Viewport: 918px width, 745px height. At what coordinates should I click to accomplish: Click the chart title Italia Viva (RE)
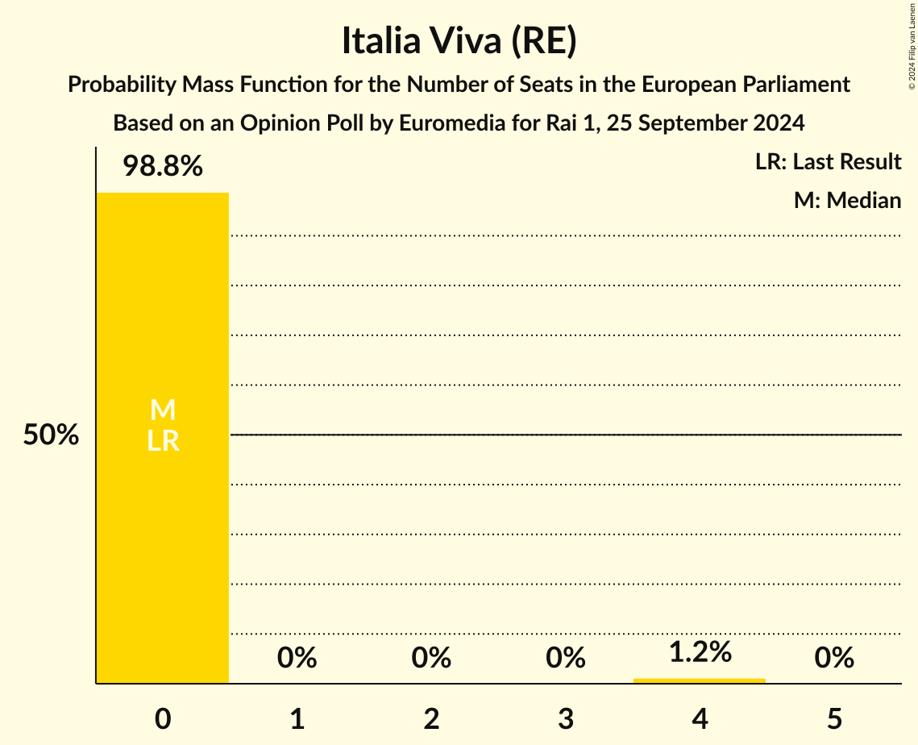[x=459, y=42]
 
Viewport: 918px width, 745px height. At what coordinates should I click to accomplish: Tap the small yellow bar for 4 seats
[x=700, y=680]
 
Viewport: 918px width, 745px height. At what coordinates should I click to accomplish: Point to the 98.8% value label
[x=163, y=167]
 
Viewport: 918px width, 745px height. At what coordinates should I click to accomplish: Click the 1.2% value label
[x=700, y=652]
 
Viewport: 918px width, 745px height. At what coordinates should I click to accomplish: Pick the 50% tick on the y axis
[x=51, y=435]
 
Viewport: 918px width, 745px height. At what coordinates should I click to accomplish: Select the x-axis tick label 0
[x=163, y=718]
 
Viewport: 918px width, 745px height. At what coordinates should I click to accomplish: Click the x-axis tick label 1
[x=297, y=718]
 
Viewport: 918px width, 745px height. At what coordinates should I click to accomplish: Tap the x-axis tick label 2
[x=431, y=718]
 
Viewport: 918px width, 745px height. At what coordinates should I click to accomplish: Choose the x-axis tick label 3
[x=566, y=718]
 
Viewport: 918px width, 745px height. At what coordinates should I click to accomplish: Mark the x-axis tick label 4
[x=700, y=718]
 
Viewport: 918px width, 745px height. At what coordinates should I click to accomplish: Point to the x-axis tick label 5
[x=834, y=718]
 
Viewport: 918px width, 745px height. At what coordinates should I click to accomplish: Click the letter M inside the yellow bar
[x=163, y=411]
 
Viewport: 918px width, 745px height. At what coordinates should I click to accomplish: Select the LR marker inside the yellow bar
[x=163, y=441]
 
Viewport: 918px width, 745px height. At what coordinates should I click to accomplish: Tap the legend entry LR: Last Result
[x=828, y=162]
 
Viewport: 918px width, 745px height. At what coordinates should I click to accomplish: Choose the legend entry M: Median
[x=847, y=201]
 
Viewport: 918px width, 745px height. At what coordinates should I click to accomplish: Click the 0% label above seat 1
[x=297, y=659]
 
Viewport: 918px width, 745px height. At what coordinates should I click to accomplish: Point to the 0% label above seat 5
[x=834, y=659]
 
